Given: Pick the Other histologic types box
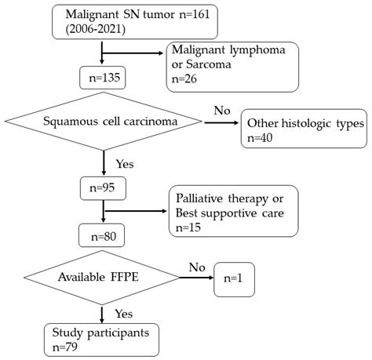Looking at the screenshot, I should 305,132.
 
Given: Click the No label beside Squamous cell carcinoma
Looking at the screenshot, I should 222,111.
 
